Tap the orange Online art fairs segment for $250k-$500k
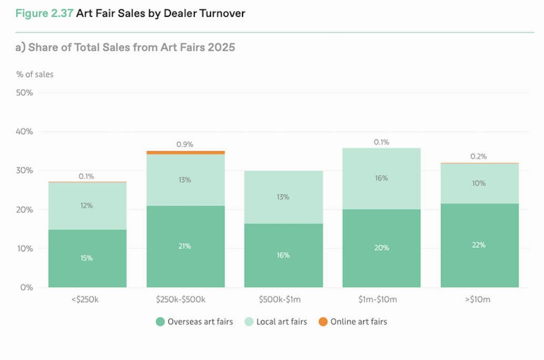tap(185, 153)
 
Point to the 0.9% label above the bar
tap(185, 144)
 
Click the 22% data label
tap(479, 245)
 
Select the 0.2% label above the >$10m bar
tap(479, 156)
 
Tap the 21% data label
tap(185, 246)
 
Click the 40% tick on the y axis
tap(25, 132)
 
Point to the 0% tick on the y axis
tap(27, 287)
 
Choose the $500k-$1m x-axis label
tap(283, 299)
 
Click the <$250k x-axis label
tap(87, 299)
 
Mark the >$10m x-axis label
tap(479, 299)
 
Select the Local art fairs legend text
tap(281, 322)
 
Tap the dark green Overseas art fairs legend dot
tap(160, 322)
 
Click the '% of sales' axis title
tap(35, 74)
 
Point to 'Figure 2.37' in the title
tap(44, 13)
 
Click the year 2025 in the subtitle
tap(221, 47)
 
